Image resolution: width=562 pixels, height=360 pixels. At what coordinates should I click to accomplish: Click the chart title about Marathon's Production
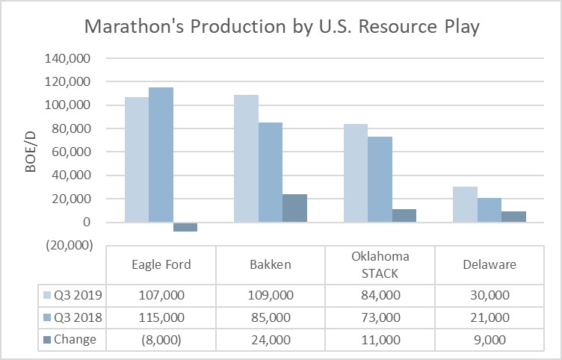pyautogui.click(x=281, y=27)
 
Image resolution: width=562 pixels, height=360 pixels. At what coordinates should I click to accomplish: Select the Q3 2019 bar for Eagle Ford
pyautogui.click(x=136, y=160)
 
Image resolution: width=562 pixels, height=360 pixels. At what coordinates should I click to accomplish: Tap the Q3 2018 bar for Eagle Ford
pyautogui.click(x=161, y=155)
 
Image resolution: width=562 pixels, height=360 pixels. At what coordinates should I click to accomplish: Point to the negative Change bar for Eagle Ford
pyautogui.click(x=185, y=227)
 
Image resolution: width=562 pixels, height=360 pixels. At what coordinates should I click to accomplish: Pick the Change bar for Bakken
pyautogui.click(x=294, y=208)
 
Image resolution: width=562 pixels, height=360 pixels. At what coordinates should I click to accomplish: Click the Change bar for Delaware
pyautogui.click(x=513, y=217)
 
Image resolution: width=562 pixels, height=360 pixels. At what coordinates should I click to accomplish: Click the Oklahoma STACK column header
pyautogui.click(x=380, y=264)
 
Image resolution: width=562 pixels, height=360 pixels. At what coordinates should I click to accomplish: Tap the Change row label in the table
pyautogui.click(x=74, y=339)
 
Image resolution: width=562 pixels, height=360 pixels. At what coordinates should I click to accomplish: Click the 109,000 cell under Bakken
pyautogui.click(x=271, y=294)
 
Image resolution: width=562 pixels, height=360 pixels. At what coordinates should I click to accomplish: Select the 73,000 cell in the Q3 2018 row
pyautogui.click(x=380, y=317)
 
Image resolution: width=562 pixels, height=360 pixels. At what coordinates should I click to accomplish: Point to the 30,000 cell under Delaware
pyautogui.click(x=490, y=294)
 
